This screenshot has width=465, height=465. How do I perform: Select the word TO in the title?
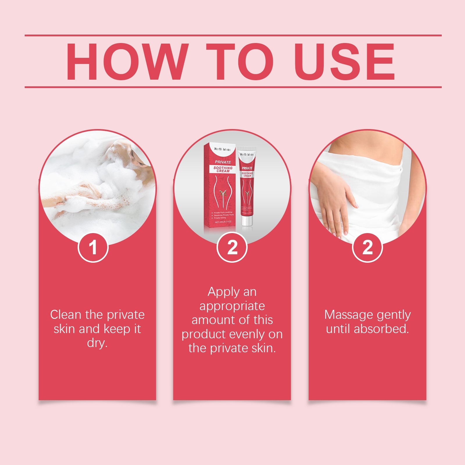pyautogui.click(x=240, y=62)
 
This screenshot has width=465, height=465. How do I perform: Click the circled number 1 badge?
pyautogui.click(x=93, y=248)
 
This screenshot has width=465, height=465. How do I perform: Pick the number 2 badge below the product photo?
pyautogui.click(x=232, y=248)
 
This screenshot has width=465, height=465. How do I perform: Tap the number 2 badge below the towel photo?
pyautogui.click(x=367, y=248)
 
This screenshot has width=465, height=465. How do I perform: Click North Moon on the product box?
pyautogui.click(x=222, y=149)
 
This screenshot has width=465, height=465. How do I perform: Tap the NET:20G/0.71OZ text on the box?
pyautogui.click(x=223, y=222)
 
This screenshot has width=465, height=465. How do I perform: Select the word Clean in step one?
pyautogui.click(x=65, y=315)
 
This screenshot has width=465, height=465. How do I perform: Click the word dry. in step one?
pyautogui.click(x=97, y=343)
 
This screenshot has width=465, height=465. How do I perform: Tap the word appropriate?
pyautogui.click(x=232, y=306)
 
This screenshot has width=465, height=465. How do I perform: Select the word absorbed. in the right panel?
pyautogui.click(x=381, y=329)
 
